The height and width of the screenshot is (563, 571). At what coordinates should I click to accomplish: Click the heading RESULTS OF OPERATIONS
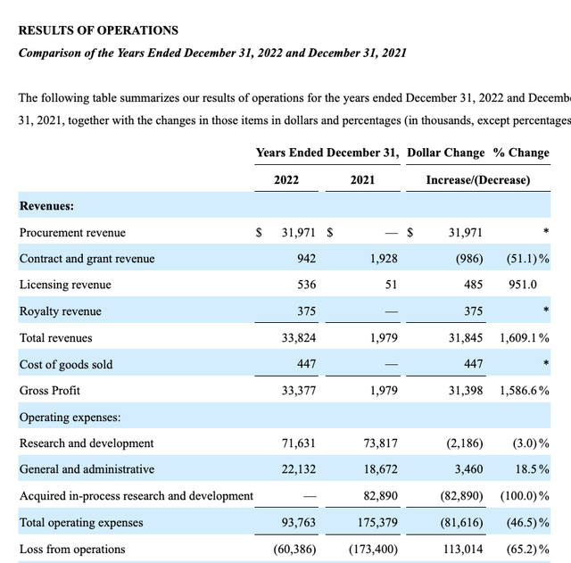98,30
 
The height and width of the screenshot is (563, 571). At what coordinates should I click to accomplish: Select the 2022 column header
286,179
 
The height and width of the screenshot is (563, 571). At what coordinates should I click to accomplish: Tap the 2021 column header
362,179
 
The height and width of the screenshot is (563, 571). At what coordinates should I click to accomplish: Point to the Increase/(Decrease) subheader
477,179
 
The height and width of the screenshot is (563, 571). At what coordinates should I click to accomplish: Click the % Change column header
521,153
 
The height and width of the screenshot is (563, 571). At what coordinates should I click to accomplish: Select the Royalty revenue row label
60,311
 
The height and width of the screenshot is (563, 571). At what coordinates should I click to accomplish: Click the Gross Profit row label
49,391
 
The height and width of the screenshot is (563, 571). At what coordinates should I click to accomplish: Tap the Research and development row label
87,443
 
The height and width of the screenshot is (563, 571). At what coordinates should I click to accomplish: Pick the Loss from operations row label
72,549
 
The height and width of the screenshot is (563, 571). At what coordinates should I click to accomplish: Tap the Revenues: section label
46,206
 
